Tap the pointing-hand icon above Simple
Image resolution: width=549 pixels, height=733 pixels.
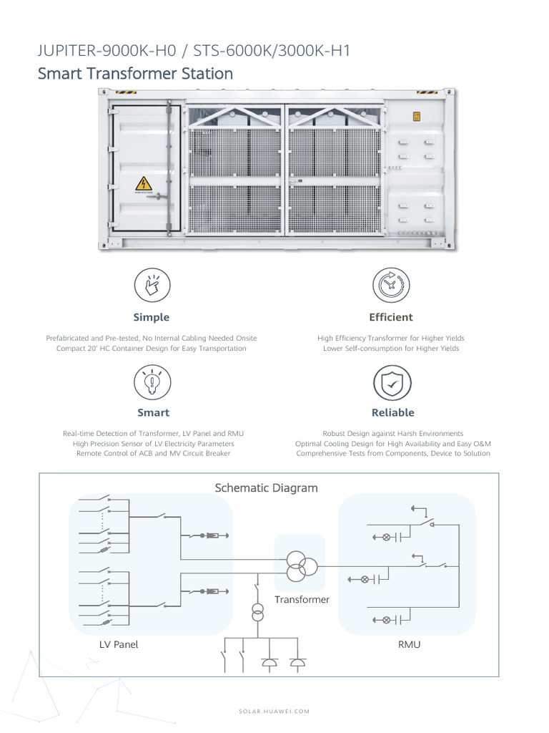[152, 286]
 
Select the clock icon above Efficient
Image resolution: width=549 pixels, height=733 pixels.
[391, 286]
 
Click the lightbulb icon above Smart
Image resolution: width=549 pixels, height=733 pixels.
[152, 382]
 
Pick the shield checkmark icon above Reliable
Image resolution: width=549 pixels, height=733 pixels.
[392, 382]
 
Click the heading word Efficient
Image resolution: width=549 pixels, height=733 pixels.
[391, 317]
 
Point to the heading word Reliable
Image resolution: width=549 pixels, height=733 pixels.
[392, 412]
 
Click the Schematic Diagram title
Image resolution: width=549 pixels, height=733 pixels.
[266, 488]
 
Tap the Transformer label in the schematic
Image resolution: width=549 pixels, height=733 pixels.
[302, 599]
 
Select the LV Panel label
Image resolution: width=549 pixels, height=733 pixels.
[119, 644]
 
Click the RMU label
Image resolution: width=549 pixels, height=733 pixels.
[409, 644]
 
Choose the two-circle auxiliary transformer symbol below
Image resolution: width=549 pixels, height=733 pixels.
[257, 613]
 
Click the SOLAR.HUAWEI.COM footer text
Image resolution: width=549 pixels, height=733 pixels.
[274, 711]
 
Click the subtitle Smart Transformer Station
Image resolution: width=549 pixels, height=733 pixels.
[134, 74]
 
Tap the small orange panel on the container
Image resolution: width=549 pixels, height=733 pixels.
[416, 116]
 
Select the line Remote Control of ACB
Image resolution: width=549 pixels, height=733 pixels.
[151, 454]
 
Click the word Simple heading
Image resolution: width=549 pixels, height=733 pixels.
[152, 317]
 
